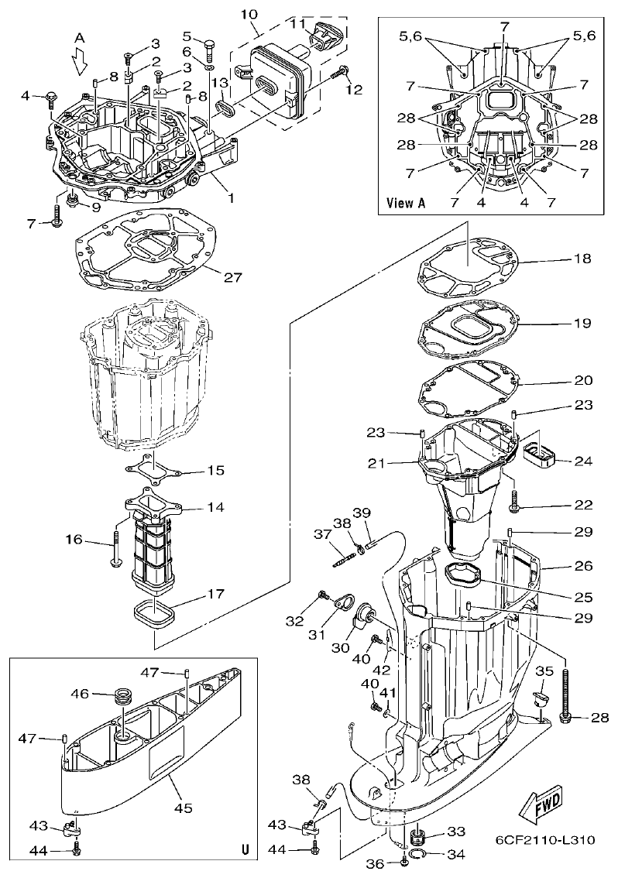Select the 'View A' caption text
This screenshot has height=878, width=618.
click(x=406, y=204)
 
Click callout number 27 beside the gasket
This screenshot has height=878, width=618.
click(x=233, y=276)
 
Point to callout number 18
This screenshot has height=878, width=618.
click(x=582, y=260)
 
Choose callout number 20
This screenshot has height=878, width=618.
click(x=582, y=381)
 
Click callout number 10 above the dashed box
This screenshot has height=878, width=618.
click(x=249, y=15)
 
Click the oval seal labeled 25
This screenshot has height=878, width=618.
click(x=462, y=574)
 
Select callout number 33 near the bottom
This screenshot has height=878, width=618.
click(x=456, y=832)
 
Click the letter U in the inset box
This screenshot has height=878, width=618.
click(x=245, y=849)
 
